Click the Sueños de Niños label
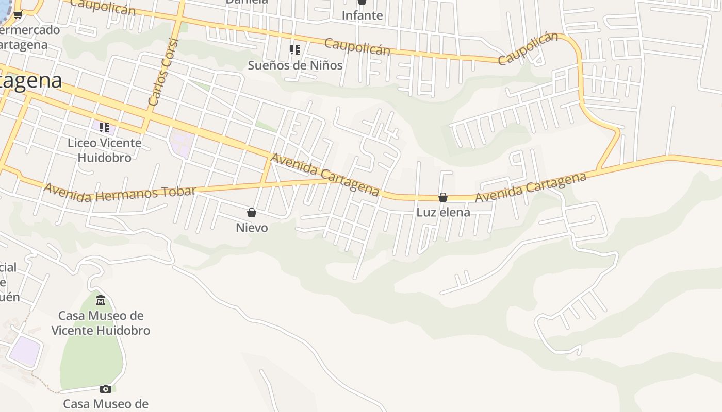pyautogui.click(x=295, y=65)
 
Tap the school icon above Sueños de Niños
pyautogui.click(x=295, y=50)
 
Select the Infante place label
pyautogui.click(x=362, y=15)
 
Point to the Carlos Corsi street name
pyautogui.click(x=163, y=72)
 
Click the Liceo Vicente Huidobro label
pyautogui.click(x=104, y=150)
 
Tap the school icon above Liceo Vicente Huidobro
pyautogui.click(x=104, y=127)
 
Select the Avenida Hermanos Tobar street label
pyautogui.click(x=120, y=192)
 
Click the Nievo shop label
pyautogui.click(x=252, y=228)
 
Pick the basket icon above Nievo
pyautogui.click(x=252, y=213)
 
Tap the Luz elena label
pyautogui.click(x=443, y=212)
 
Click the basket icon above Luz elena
pyautogui.click(x=443, y=197)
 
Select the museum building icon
pyautogui.click(x=101, y=300)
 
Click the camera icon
pyautogui.click(x=106, y=389)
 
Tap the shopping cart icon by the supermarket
pyautogui.click(x=18, y=15)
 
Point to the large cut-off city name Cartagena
pyautogui.click(x=31, y=81)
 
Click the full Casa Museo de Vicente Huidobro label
pyautogui.click(x=101, y=323)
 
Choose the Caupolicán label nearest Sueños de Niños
pyautogui.click(x=357, y=46)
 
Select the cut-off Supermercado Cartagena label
pyautogui.click(x=28, y=37)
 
